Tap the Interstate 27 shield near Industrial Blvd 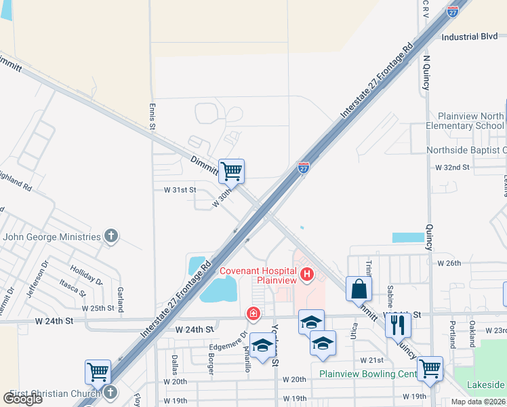pyautogui.click(x=453, y=11)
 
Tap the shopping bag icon pyautogui.click(x=359, y=289)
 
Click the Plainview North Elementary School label pyautogui.click(x=470, y=121)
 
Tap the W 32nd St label pyautogui.click(x=452, y=167)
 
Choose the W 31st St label pyautogui.click(x=180, y=191)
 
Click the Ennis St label pyautogui.click(x=152, y=116)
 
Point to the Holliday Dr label pyautogui.click(x=86, y=274)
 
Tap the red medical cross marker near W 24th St pyautogui.click(x=253, y=313)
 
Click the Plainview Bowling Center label pyautogui.click(x=369, y=374)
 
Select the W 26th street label pyautogui.click(x=449, y=263)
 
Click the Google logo pyautogui.click(x=22, y=398)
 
